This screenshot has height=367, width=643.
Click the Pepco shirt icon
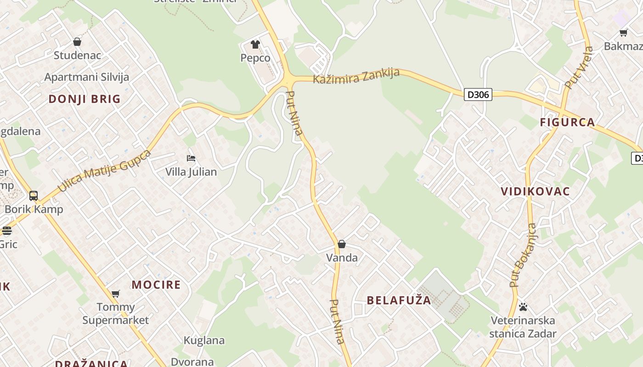pos(255,44)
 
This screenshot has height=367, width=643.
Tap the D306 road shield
pos(478,95)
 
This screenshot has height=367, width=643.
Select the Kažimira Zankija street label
pos(356,76)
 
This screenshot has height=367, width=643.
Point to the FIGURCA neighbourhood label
pos(567,122)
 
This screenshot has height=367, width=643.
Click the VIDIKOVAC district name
pos(535,191)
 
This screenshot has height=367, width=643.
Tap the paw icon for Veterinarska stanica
pos(523,307)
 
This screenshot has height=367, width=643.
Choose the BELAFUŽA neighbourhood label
pos(399,300)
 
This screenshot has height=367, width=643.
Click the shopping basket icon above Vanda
pos(342,244)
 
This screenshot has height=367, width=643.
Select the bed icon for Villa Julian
pos(191,158)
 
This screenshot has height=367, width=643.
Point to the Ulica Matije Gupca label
pos(104,171)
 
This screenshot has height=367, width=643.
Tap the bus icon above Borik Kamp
pos(34,196)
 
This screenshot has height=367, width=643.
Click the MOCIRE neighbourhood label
pos(156,284)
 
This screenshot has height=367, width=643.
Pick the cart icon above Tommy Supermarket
pos(116,294)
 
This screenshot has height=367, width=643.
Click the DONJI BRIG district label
pos(85,99)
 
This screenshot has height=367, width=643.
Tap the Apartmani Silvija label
pos(87,77)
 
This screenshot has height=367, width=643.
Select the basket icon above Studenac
pos(77,42)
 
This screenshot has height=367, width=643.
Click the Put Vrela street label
pos(579,67)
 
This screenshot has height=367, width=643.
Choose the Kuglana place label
pos(204,340)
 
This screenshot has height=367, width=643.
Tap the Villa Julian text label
pos(191,172)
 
